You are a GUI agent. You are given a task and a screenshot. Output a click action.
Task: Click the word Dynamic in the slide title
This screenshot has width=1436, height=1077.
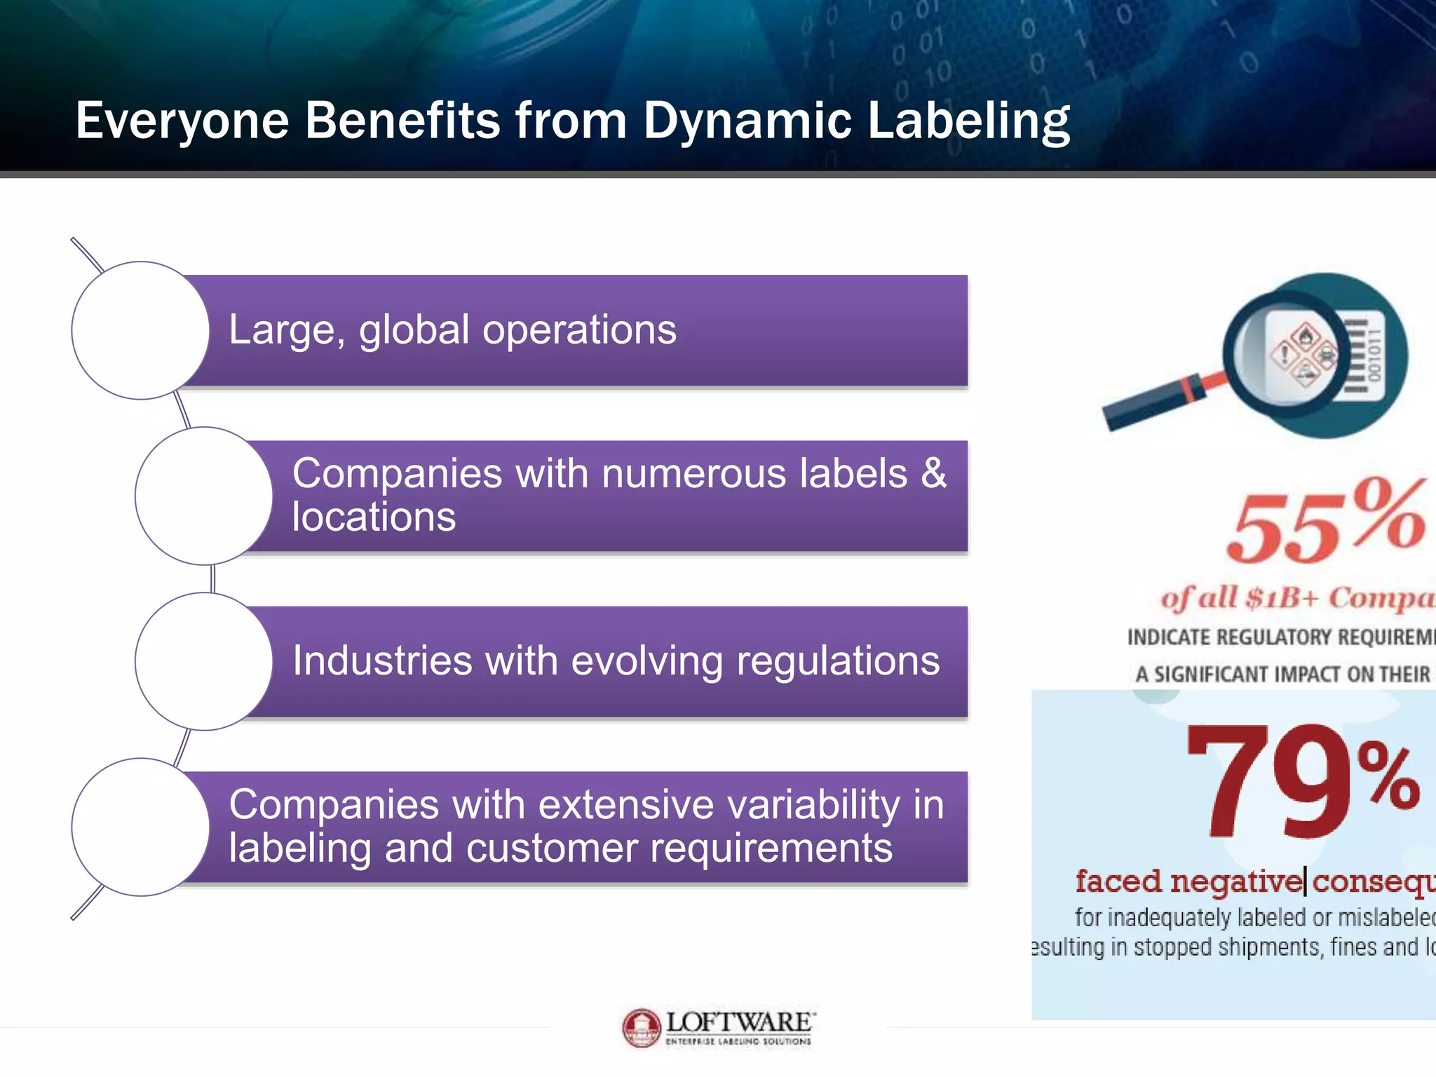pos(747,121)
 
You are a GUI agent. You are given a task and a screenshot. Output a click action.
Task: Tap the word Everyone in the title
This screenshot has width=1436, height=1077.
pos(182,121)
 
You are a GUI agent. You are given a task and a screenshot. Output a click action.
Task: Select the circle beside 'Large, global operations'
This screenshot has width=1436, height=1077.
pos(140,330)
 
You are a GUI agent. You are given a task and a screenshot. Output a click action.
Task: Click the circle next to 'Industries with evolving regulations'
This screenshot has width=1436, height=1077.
pos(203,661)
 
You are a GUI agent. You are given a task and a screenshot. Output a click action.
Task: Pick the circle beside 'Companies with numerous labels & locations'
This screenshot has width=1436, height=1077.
pos(203,496)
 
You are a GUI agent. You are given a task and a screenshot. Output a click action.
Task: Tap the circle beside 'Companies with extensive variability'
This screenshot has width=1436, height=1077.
pos(140,827)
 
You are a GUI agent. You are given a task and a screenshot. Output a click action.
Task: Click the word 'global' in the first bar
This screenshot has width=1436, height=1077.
pos(414,330)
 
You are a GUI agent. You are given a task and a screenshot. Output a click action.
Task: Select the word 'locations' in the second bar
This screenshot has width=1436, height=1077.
pos(374,517)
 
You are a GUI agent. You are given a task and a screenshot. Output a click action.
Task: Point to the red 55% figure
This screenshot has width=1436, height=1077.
pos(1325,522)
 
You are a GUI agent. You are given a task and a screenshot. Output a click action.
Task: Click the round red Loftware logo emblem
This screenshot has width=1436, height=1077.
pos(641,1028)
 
